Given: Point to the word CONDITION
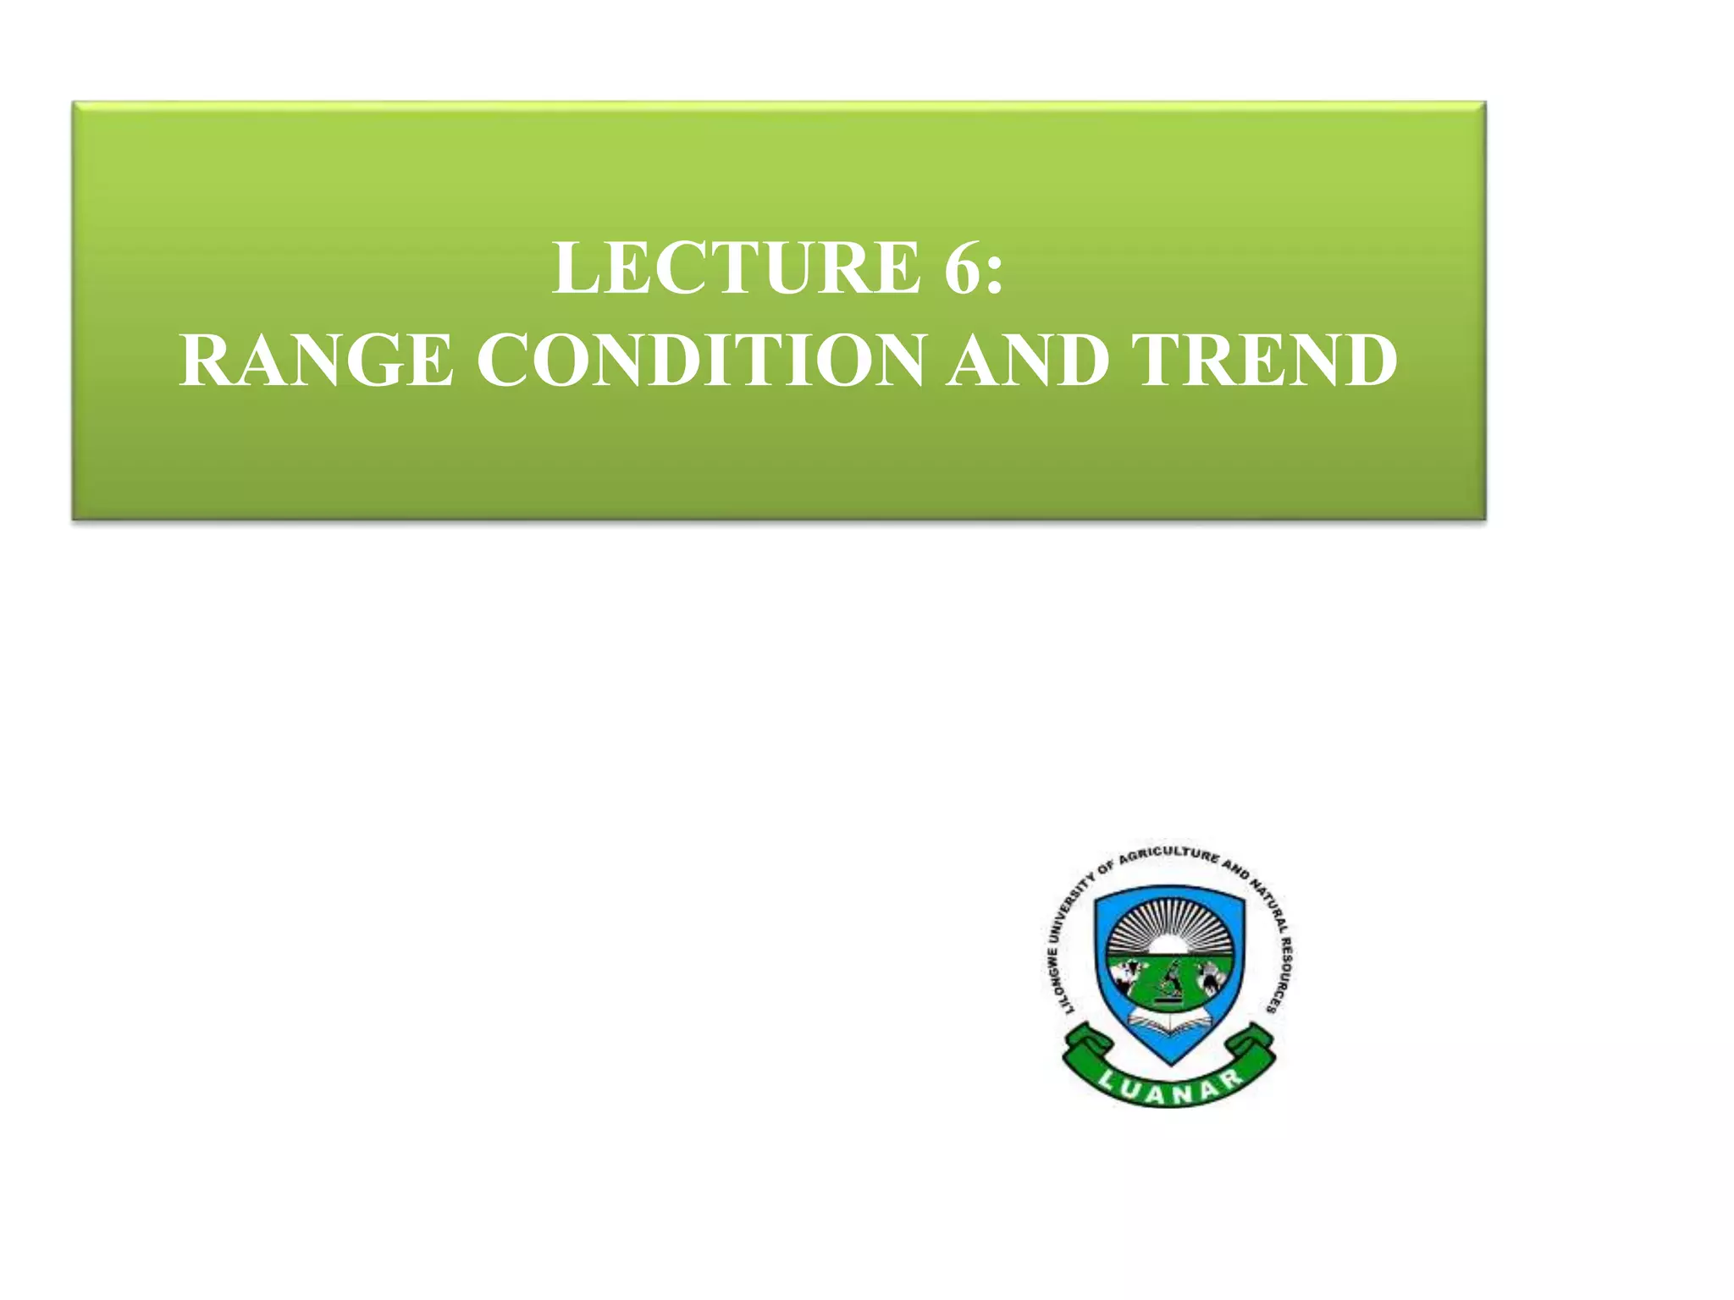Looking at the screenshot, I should point(701,361).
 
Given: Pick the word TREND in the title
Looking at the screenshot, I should point(1267,361).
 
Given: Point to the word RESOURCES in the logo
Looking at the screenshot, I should point(1280,973).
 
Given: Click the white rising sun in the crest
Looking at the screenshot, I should point(1169,945).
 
